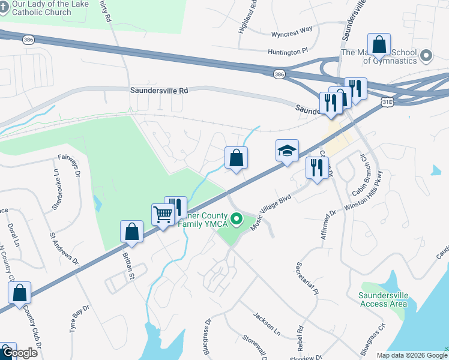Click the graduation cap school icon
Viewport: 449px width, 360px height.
tap(287, 151)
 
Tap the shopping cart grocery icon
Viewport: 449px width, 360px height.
tap(163, 214)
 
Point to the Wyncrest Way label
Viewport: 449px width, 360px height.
tap(292, 29)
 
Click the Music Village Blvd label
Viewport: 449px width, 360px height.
tap(274, 206)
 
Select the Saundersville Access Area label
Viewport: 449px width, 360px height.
tap(384, 299)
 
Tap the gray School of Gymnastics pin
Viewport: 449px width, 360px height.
tap(427, 56)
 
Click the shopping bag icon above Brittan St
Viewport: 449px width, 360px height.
tap(131, 232)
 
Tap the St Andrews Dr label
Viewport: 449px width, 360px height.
tap(64, 248)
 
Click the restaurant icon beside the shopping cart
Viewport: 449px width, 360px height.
tap(175, 207)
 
